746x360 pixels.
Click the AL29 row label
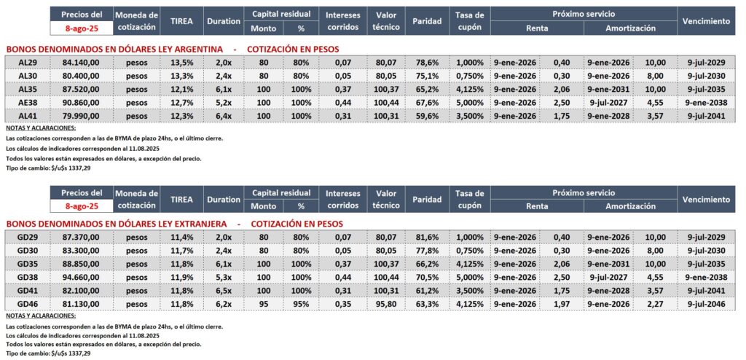(x=28, y=63)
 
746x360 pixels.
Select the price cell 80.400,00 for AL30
(x=82, y=76)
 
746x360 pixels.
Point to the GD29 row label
(x=28, y=238)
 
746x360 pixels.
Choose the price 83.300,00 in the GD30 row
(x=82, y=250)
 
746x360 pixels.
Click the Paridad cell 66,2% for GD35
(x=426, y=263)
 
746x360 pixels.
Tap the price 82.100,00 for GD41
(x=82, y=289)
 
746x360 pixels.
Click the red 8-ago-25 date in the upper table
(x=82, y=28)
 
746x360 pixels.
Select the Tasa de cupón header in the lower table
(x=469, y=199)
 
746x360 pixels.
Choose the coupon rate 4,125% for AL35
(x=469, y=88)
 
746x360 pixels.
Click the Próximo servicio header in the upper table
(x=583, y=14)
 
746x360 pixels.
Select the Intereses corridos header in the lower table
(x=342, y=199)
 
